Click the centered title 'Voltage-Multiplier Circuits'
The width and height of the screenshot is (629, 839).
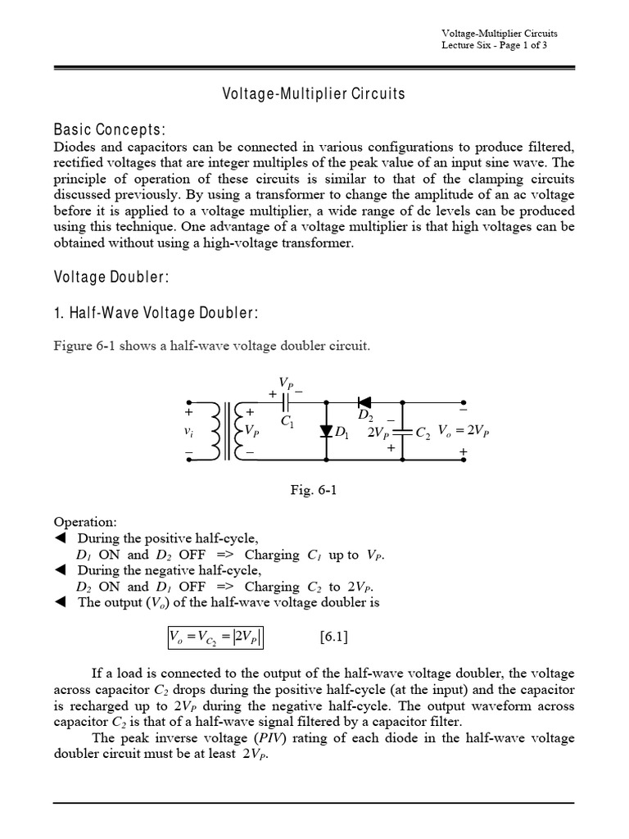(314, 93)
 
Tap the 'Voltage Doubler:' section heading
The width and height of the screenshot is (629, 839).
(111, 277)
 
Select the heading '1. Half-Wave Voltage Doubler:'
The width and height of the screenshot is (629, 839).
(156, 313)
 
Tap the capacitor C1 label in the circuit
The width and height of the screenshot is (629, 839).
(287, 422)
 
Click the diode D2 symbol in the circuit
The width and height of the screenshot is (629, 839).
(364, 402)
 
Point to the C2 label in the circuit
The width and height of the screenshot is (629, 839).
(423, 432)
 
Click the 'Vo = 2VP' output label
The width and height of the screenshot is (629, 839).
(464, 430)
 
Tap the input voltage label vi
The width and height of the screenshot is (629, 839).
(190, 430)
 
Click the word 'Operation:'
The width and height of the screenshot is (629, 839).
(85, 522)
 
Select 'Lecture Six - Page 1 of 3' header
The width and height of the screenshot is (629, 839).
(500, 45)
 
